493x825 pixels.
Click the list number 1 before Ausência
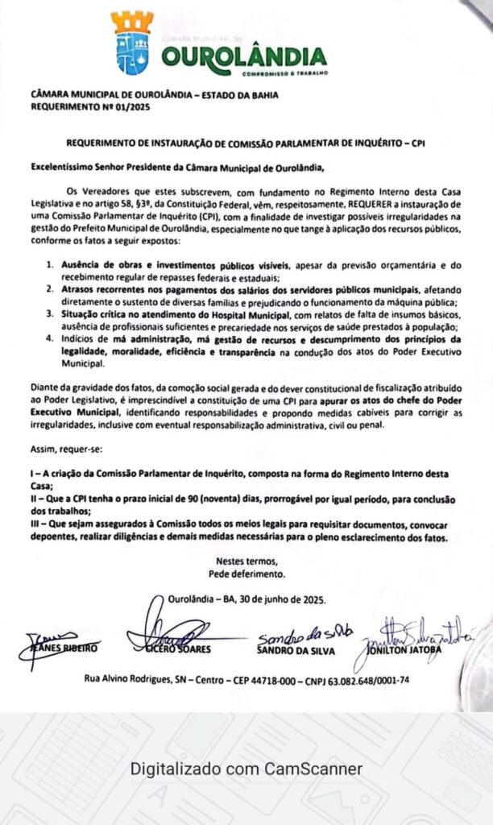click(49, 265)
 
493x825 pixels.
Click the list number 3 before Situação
click(49, 316)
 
